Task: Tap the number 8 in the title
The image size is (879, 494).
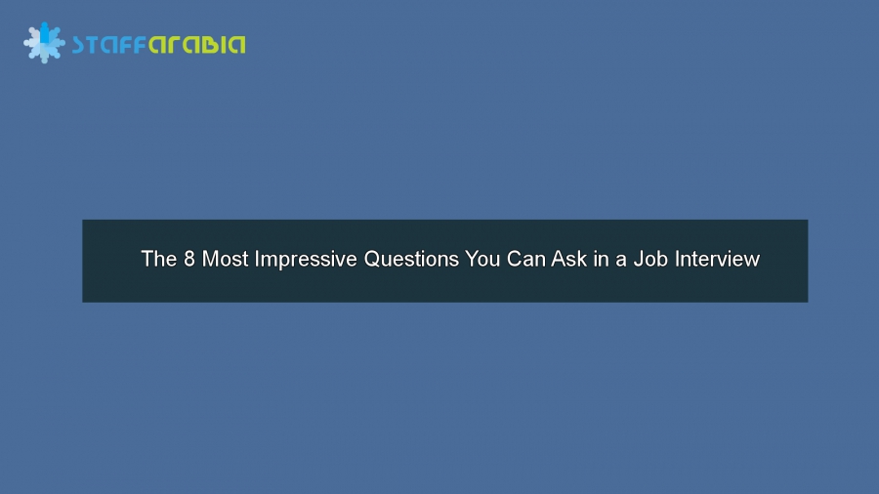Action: click(x=189, y=260)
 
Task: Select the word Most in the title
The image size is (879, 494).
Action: click(x=225, y=260)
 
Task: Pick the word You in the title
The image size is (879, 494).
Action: click(x=483, y=260)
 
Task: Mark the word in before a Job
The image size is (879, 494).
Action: click(x=602, y=260)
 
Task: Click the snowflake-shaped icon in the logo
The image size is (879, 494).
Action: click(x=44, y=42)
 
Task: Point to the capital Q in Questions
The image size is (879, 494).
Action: click(x=372, y=260)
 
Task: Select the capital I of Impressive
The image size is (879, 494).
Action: click(x=258, y=260)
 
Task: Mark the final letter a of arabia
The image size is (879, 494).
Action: click(x=237, y=45)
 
